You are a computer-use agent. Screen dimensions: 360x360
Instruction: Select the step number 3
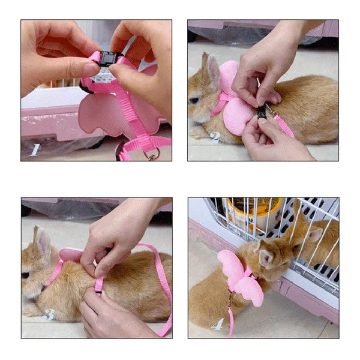pyautogui.click(x=48, y=314)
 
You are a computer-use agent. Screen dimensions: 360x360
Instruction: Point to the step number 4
pyautogui.click(x=218, y=324)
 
